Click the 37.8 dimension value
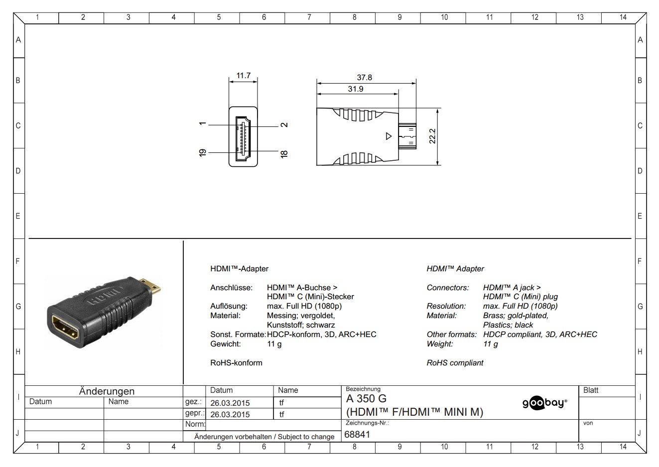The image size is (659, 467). point(364,77)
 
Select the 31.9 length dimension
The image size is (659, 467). point(355,89)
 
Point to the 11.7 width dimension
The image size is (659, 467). point(243,76)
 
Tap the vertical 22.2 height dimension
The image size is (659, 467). point(432,136)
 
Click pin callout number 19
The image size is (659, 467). point(203,153)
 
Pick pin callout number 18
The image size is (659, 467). point(284,154)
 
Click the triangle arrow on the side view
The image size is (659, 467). point(389,136)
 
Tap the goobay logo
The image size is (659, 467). point(544,403)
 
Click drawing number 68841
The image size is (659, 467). point(357,434)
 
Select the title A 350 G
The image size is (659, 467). point(366,398)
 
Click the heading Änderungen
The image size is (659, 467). point(107,391)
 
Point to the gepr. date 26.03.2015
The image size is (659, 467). point(230,414)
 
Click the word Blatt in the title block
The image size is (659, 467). point(591,390)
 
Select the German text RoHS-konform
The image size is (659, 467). point(236,362)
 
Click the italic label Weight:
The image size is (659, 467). point(440,344)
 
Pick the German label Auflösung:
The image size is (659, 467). point(229,306)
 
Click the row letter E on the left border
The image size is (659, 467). point(18,216)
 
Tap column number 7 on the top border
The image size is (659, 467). point(309,17)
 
